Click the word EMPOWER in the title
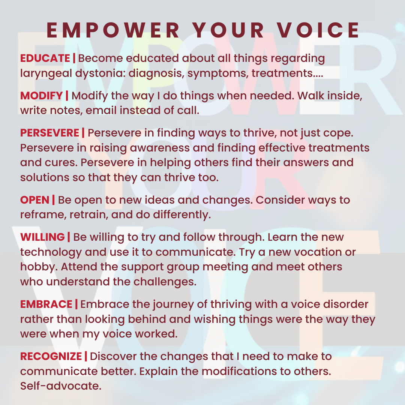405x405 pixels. (113, 30)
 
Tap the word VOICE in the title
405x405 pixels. (318, 30)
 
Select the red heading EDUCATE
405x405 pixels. (45, 58)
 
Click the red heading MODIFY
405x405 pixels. (42, 96)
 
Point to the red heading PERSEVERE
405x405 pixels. (49, 133)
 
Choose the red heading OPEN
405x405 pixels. (35, 200)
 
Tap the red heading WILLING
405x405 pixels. (43, 237)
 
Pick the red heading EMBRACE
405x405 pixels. (46, 304)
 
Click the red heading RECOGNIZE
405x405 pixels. (51, 357)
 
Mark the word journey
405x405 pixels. (173, 305)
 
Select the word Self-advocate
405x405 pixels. (61, 386)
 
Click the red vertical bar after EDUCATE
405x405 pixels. (74, 58)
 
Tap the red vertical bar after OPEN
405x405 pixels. (54, 200)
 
